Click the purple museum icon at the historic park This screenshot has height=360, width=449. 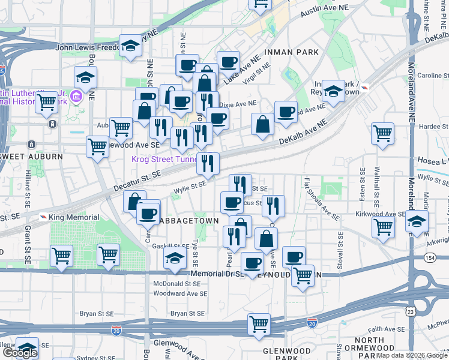click(76, 96)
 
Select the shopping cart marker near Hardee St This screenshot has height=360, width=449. click(382, 133)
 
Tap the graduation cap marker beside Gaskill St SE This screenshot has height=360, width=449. click(175, 259)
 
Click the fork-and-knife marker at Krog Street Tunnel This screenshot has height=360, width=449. click(208, 162)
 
